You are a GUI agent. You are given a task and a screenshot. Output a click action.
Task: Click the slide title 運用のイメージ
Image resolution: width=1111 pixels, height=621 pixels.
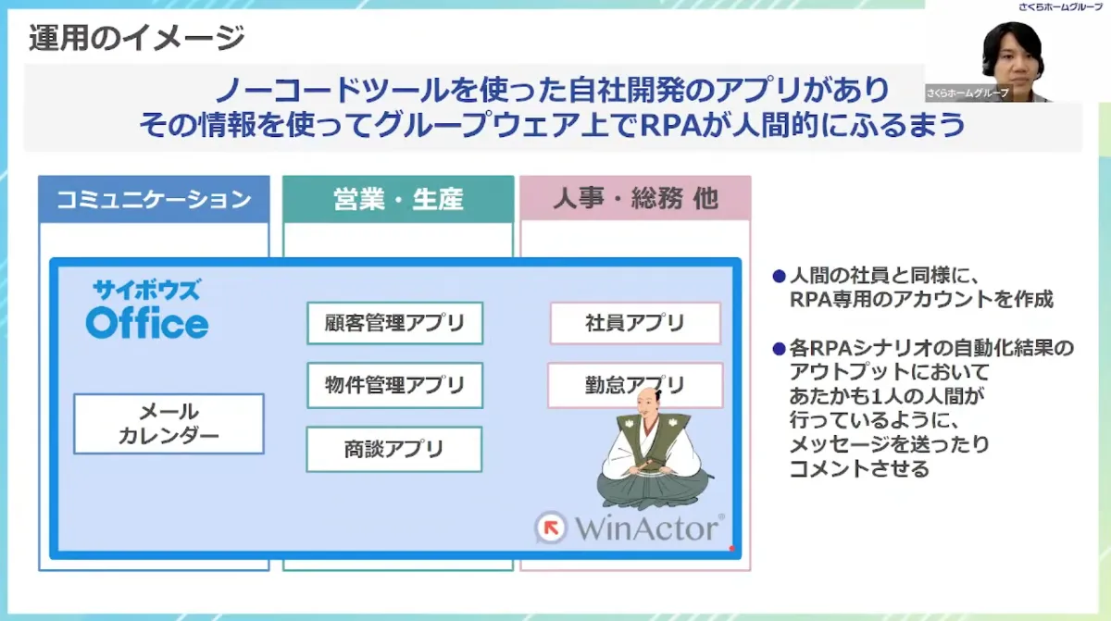136,38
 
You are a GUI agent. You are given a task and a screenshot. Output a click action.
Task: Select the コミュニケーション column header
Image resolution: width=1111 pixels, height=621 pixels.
154,199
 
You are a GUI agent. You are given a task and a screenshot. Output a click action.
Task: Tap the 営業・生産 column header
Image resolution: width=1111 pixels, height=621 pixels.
398,199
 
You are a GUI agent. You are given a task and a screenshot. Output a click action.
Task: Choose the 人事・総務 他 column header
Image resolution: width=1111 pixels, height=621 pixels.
635,199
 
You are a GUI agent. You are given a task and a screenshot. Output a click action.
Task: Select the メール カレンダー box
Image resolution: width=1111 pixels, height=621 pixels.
169,424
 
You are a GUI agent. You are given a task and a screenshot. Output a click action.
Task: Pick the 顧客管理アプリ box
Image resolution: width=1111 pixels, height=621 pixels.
394,323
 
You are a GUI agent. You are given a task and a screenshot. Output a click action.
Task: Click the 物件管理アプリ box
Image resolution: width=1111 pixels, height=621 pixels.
394,385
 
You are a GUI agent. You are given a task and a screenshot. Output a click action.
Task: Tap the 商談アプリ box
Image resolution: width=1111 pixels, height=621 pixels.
394,449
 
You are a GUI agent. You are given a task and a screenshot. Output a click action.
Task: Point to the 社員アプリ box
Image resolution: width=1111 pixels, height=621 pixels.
635,323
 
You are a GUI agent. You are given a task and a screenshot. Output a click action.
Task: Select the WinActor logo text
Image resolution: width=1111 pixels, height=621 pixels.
647,528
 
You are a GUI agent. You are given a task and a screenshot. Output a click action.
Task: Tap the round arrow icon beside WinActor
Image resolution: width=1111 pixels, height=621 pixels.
552,528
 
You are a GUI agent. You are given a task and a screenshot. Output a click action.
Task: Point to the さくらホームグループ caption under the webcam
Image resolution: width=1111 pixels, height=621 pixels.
967,93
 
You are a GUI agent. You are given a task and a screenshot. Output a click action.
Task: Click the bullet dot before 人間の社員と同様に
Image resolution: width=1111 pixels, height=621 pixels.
779,276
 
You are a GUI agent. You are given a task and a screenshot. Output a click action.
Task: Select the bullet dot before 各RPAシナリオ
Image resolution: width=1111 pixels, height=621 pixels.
779,349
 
